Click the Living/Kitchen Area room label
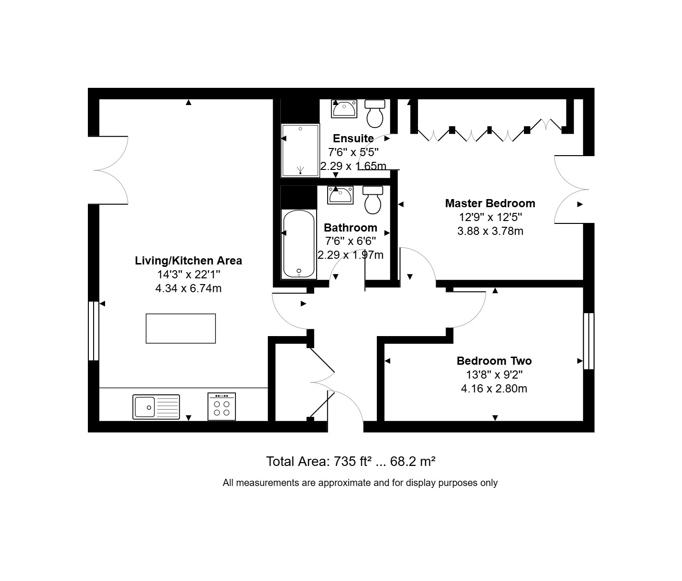tap(188, 261)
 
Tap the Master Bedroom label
tap(490, 203)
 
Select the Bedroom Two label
tap(494, 361)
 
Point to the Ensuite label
tap(353, 138)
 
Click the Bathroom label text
tap(351, 228)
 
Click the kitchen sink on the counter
tap(156, 407)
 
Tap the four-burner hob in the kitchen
tap(222, 407)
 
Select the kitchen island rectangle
tap(181, 328)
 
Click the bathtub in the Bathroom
tap(299, 243)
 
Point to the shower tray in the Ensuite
tap(300, 150)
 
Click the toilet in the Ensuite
tap(375, 114)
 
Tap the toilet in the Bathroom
tap(373, 200)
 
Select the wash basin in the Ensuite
tap(344, 109)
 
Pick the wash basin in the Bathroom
tap(340, 195)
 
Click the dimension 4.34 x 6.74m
tap(188, 288)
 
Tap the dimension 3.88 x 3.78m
tap(490, 231)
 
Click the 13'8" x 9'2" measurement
tap(494, 375)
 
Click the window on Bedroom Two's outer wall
tap(589, 341)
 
